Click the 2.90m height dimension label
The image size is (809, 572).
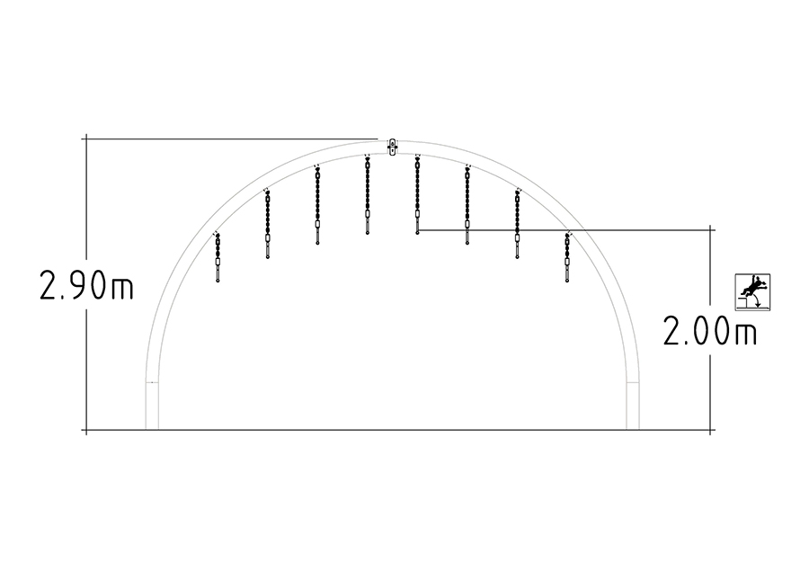[86, 287]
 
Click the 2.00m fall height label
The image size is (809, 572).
[710, 331]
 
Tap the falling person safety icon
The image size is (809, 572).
[752, 292]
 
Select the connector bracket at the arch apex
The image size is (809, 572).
[392, 147]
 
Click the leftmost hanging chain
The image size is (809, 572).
[218, 257]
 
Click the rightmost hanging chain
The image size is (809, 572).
[567, 257]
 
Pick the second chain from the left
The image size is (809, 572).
[267, 224]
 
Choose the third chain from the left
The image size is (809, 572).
[317, 205]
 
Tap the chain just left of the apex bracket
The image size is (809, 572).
[368, 195]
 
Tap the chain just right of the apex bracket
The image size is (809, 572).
[417, 195]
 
